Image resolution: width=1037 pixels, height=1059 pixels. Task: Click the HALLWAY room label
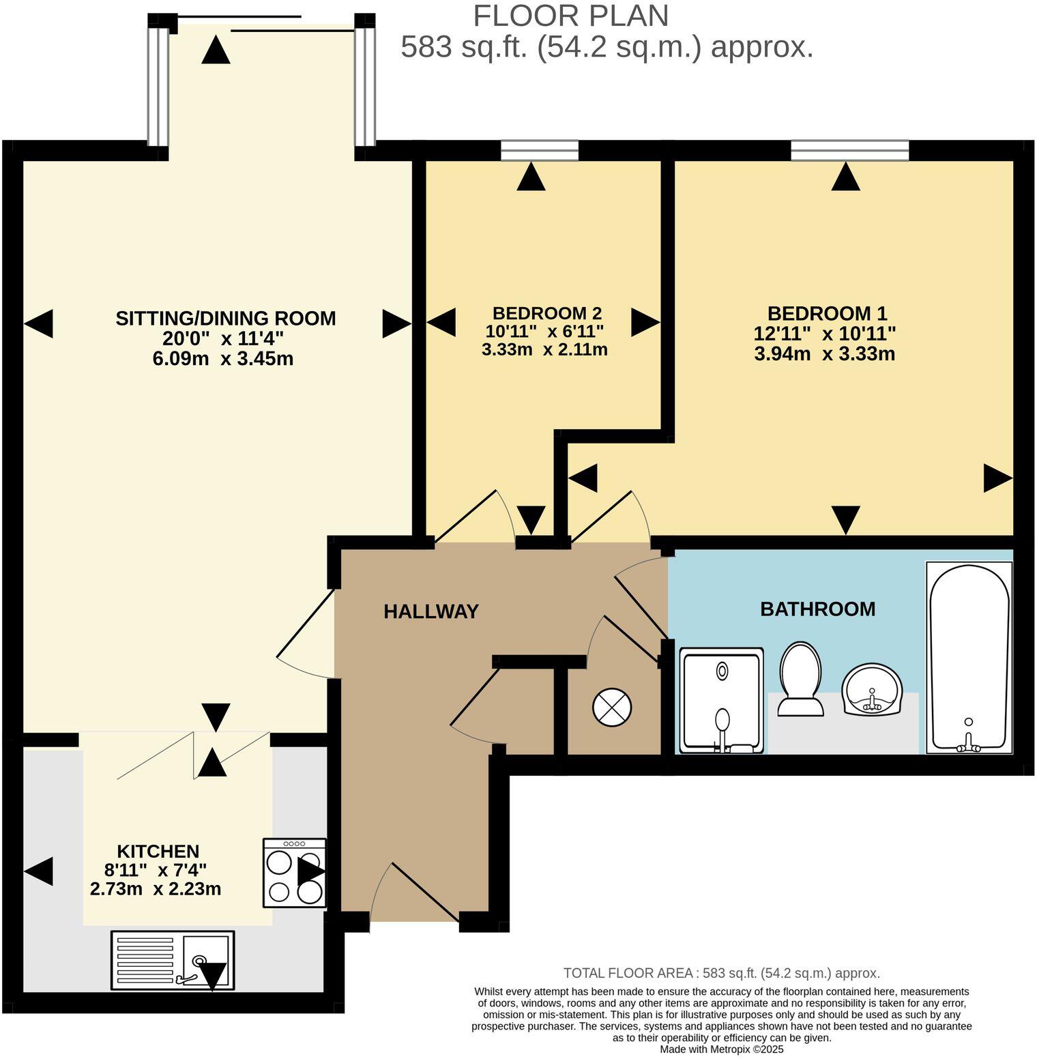[x=430, y=611]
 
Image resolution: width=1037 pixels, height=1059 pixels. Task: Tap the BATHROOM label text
[x=817, y=609]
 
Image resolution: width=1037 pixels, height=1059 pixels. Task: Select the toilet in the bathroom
[x=800, y=680]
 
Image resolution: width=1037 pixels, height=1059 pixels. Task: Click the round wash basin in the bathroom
[x=872, y=689]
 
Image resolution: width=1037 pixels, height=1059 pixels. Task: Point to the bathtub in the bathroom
[x=968, y=658]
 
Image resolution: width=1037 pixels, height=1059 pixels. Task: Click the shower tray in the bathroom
[x=722, y=701]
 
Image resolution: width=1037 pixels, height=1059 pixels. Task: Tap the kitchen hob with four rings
[x=295, y=873]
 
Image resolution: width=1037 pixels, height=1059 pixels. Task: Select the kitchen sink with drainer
[x=173, y=960]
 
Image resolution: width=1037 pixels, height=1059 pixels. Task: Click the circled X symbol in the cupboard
[x=612, y=707]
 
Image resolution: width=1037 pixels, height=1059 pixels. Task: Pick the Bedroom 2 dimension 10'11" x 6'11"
[x=544, y=332]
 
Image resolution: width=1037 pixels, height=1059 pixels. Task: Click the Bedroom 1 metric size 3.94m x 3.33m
[x=824, y=354]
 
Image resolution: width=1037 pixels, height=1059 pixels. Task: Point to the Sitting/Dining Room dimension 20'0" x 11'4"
[x=222, y=338]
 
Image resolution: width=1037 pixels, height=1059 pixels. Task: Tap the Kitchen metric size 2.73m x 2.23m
[x=156, y=889]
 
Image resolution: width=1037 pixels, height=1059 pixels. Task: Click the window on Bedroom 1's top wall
[x=849, y=150]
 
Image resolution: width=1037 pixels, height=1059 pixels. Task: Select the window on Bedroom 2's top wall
[x=539, y=150]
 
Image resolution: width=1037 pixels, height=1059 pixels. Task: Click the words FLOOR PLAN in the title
[x=570, y=16]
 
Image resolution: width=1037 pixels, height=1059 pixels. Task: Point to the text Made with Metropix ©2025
[x=721, y=1049]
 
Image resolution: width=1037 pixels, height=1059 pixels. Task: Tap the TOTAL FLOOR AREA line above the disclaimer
[x=721, y=973]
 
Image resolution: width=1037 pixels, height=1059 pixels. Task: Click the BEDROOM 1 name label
[x=827, y=313]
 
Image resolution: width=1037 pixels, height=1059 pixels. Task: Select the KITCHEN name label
[x=158, y=851]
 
